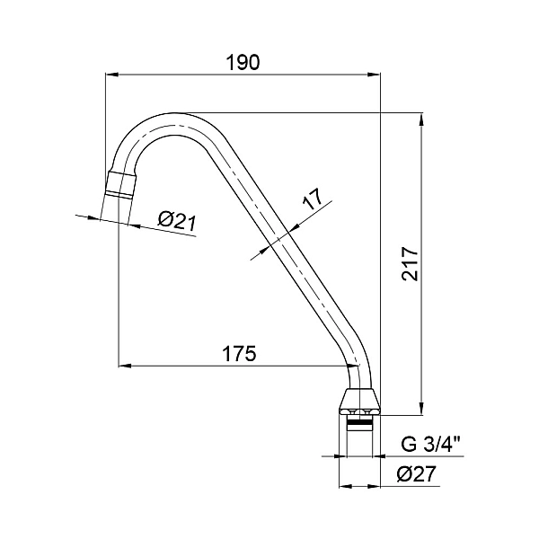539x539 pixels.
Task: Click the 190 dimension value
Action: [243, 63]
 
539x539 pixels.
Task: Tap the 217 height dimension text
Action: [411, 263]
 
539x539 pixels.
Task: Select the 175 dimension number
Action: [240, 353]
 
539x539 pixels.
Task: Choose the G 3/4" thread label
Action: [432, 445]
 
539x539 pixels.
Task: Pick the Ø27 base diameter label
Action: [416, 474]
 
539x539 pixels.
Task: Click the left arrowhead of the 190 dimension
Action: [111, 75]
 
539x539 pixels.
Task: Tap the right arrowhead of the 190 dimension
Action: [374, 75]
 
